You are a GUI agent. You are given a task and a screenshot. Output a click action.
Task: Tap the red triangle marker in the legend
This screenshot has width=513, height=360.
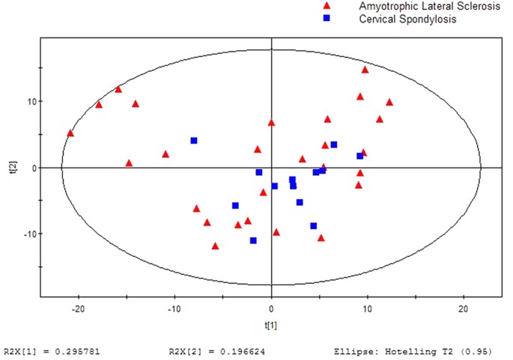pyautogui.click(x=327, y=5)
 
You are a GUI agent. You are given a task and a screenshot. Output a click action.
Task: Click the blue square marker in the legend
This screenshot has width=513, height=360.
pyautogui.click(x=327, y=17)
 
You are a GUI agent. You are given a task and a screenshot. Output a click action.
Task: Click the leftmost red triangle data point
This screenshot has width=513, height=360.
pyautogui.click(x=70, y=133)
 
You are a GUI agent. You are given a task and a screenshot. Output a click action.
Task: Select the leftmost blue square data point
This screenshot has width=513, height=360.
pyautogui.click(x=194, y=141)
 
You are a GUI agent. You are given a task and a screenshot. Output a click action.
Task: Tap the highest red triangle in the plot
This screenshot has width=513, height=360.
pyautogui.click(x=365, y=70)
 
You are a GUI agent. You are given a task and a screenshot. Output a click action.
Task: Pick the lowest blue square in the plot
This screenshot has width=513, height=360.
pyautogui.click(x=253, y=240)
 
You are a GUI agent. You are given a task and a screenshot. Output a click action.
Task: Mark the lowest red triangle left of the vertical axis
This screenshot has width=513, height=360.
pyautogui.click(x=216, y=245)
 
